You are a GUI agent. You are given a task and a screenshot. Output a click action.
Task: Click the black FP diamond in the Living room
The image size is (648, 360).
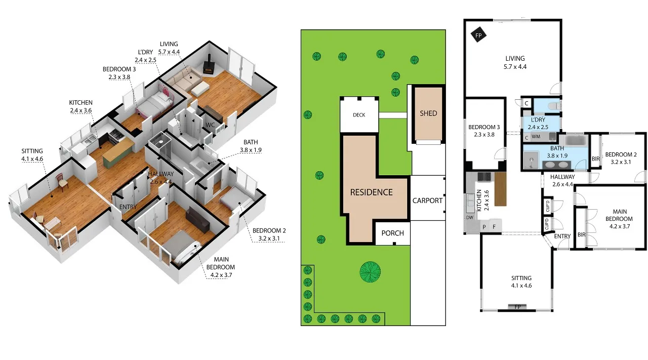[478, 35]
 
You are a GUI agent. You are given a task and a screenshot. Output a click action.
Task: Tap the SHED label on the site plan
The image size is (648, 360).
[428, 113]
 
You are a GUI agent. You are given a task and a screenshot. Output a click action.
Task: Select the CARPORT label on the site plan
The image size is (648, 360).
[427, 201]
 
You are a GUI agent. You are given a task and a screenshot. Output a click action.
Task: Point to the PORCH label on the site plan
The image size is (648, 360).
[392, 233]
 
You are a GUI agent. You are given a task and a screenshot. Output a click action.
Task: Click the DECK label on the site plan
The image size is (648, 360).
[359, 115]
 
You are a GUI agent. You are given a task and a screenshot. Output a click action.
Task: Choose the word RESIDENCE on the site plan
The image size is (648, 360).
[372, 192]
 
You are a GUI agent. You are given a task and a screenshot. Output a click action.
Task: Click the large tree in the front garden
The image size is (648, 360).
[370, 272]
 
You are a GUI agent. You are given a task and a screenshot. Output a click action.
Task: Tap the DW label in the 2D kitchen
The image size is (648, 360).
[469, 218]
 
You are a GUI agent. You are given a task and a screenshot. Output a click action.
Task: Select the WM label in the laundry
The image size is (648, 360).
[536, 137]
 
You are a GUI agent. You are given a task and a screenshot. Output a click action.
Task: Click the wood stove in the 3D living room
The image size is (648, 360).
[208, 66]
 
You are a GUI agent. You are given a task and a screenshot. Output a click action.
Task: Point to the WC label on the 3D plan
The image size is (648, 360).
[210, 125]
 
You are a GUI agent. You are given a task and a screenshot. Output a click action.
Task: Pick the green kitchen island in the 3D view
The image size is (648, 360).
[118, 153]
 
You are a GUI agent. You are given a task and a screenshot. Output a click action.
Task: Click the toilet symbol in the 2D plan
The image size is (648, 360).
[554, 106]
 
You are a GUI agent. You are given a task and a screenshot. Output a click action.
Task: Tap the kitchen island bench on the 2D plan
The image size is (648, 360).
[501, 189]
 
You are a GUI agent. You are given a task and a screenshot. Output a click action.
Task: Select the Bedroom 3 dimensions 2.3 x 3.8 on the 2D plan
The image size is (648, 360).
[484, 135]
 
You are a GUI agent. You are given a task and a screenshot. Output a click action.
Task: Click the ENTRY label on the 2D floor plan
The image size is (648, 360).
[562, 236]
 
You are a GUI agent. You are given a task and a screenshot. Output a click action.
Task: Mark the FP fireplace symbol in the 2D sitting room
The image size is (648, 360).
[517, 307]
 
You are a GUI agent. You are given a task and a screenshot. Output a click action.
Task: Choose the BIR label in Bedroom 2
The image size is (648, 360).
[596, 159]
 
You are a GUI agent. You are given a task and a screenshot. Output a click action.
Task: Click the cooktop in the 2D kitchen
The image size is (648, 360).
[484, 177]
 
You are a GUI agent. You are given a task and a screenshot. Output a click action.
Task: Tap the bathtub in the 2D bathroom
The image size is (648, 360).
[576, 140]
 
